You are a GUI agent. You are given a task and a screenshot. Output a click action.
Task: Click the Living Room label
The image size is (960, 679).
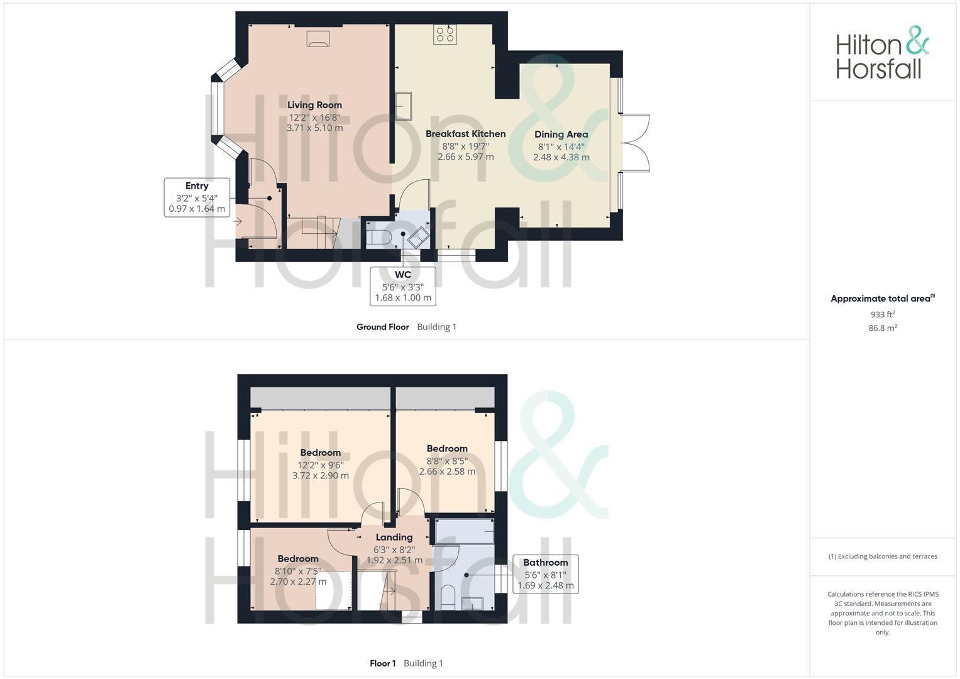(x=314, y=105)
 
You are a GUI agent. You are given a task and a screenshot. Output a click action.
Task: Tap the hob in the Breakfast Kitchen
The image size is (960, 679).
(x=444, y=34)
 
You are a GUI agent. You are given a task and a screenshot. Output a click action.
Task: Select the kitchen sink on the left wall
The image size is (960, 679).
(x=403, y=106)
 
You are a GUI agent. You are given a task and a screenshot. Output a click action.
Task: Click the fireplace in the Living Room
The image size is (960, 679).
(x=317, y=38)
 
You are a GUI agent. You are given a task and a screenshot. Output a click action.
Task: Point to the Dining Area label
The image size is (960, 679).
(x=561, y=134)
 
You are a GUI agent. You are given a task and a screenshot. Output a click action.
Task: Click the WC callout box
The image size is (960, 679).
(x=403, y=286)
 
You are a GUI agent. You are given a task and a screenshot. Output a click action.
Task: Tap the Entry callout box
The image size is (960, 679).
(x=197, y=197)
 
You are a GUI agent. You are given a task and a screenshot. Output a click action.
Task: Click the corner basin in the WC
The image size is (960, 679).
(x=418, y=238)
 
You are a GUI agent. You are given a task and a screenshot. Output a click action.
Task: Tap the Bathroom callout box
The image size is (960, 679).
(x=545, y=573)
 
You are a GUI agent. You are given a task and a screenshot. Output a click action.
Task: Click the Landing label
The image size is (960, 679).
(x=394, y=537)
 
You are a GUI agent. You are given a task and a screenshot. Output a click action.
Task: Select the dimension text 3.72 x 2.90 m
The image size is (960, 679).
(x=320, y=476)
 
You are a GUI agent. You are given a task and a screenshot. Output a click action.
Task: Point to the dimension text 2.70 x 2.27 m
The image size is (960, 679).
(x=298, y=582)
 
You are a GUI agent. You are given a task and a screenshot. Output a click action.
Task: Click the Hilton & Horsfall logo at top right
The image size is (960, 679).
(x=881, y=53)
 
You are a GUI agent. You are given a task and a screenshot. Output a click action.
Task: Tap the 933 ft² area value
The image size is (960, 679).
(x=883, y=314)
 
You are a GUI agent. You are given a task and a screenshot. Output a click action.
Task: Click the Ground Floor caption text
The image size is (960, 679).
(x=382, y=327)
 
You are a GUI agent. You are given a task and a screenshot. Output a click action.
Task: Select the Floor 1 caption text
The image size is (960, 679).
(x=382, y=663)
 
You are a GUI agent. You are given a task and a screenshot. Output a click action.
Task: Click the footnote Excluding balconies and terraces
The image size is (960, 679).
(x=883, y=556)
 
